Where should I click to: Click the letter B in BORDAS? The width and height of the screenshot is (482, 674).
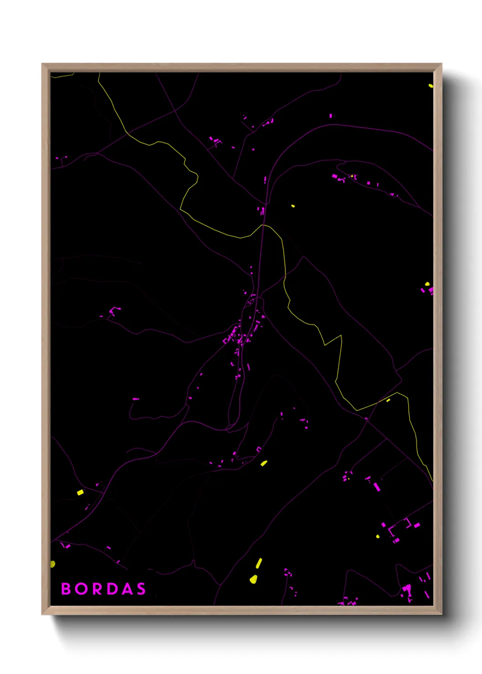click(x=66, y=589)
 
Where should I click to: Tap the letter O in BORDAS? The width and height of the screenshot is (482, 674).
click(x=82, y=589)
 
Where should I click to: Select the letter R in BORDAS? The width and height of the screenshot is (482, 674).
click(x=97, y=589)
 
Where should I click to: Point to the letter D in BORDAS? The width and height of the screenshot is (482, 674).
click(x=113, y=589)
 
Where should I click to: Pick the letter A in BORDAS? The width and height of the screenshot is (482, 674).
click(x=128, y=589)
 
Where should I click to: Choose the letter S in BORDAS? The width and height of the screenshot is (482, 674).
click(x=141, y=589)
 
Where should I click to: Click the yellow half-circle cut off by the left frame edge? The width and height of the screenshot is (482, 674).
click(x=52, y=564)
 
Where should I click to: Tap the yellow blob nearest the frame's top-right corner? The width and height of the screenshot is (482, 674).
click(x=431, y=85)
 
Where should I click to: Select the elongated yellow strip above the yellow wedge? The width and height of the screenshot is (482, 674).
click(x=259, y=563)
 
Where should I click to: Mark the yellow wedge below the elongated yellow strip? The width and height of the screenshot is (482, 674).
click(x=253, y=579)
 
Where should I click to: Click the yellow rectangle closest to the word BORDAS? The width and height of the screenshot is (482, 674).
click(x=80, y=492)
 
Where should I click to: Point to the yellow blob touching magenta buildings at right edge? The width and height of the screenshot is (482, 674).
click(x=427, y=284)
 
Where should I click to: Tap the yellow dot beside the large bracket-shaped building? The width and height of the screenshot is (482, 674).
click(x=378, y=536)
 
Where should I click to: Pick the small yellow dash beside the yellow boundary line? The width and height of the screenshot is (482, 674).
click(x=388, y=400)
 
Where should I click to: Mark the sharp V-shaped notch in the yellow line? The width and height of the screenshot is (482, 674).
click(x=325, y=344)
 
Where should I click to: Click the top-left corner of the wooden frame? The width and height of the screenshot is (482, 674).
click(x=42, y=64)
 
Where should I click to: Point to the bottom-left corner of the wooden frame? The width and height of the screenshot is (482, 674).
click(x=42, y=614)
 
